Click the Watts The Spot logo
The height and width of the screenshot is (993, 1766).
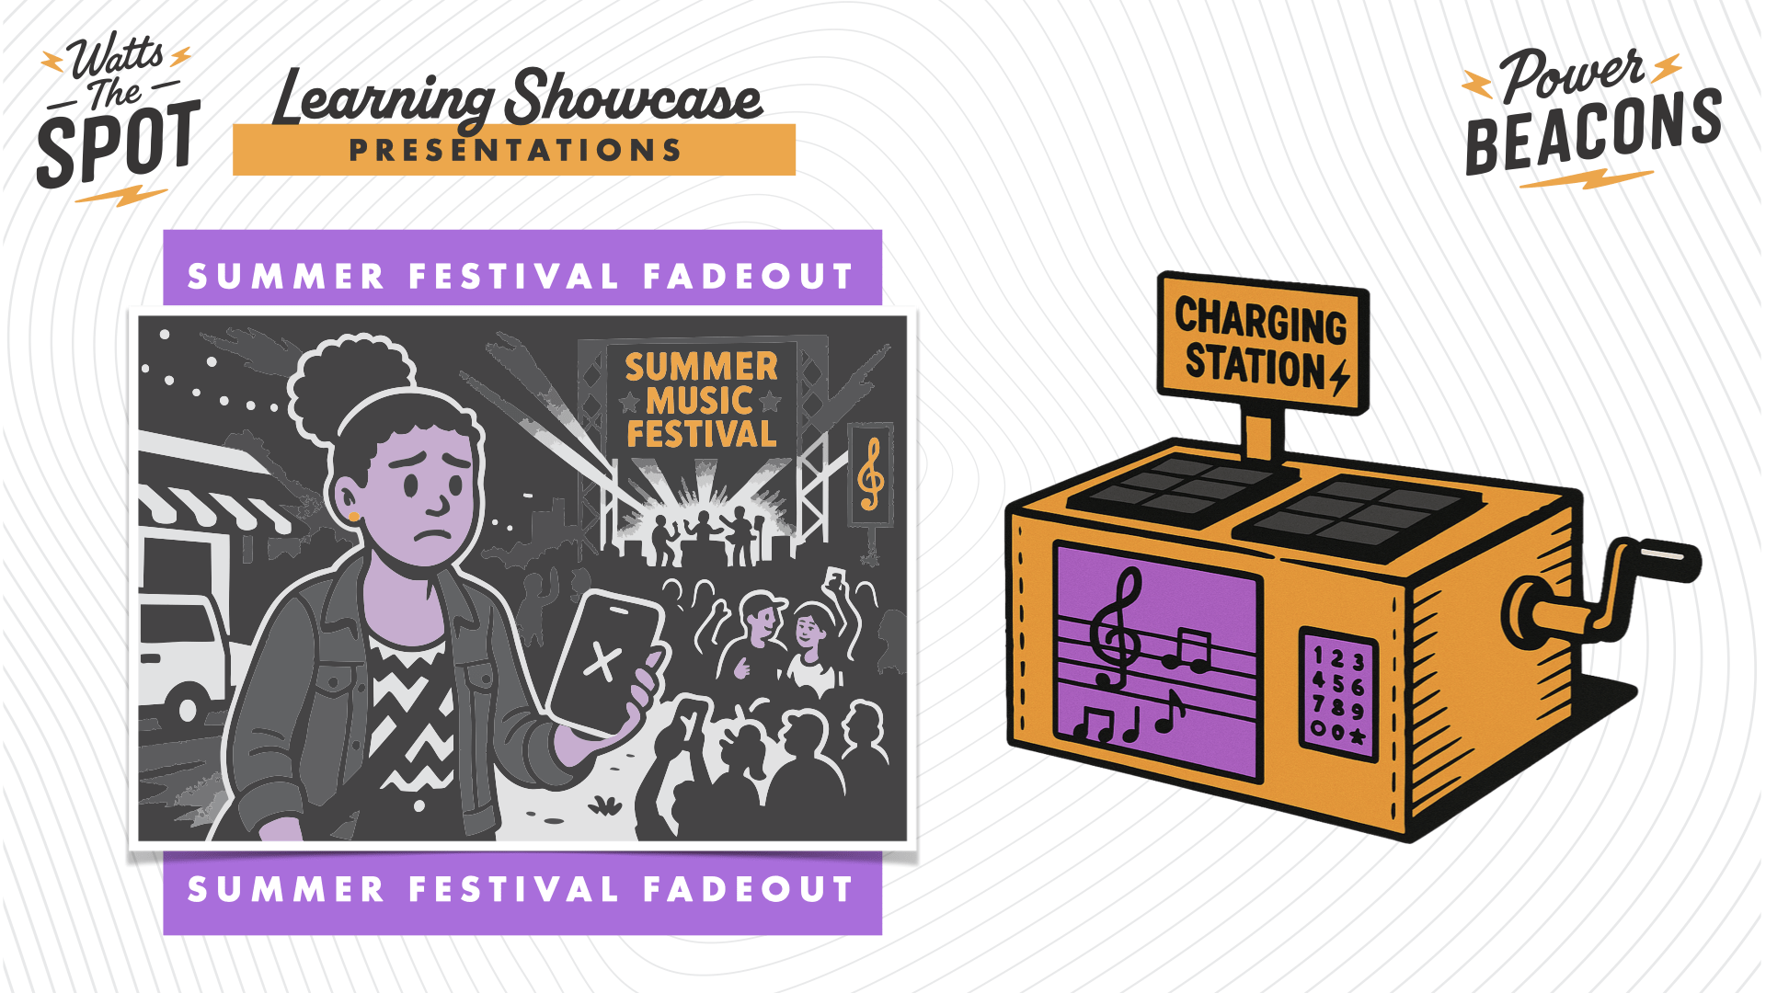pos(118,118)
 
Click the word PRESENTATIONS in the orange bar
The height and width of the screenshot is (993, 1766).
pos(515,150)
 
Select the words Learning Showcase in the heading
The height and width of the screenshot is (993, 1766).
pos(518,97)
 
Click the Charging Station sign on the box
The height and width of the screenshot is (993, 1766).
pos(1263,343)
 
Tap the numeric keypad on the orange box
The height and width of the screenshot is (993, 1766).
pos(1338,695)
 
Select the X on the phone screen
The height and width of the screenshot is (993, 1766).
pos(602,660)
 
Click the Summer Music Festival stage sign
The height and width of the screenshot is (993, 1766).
pos(702,400)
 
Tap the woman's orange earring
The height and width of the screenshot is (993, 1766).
pos(354,517)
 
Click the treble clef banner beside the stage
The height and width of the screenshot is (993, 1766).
pos(871,474)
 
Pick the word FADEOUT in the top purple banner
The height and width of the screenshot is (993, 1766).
pos(749,276)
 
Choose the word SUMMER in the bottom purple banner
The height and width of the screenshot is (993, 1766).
pos(286,889)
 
